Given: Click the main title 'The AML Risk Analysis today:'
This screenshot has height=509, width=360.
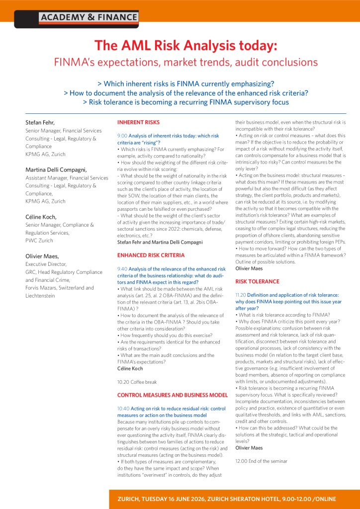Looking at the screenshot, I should point(185,46).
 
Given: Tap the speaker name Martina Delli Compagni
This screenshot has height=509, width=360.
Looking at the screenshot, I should point(56,170).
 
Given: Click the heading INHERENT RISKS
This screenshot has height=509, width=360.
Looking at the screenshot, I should point(138,122).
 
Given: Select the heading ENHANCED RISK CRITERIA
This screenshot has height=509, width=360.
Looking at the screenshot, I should point(151,255).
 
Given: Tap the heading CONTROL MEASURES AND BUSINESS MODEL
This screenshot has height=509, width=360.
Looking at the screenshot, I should point(172,395).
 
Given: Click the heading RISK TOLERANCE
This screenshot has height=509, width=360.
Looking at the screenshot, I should point(257,281).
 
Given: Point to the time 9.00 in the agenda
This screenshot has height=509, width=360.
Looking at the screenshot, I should point(122,136).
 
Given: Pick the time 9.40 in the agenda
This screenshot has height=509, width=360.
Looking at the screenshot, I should point(122,269).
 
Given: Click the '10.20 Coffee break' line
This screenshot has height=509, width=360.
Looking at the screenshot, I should point(137,382).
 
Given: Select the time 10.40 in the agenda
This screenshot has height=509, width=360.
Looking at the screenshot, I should point(123,408).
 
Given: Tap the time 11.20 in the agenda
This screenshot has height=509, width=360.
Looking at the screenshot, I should point(241,295).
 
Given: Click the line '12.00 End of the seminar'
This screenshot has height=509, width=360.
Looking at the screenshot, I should point(261,461).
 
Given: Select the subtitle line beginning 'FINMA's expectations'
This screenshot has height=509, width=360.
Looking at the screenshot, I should point(185,63).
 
